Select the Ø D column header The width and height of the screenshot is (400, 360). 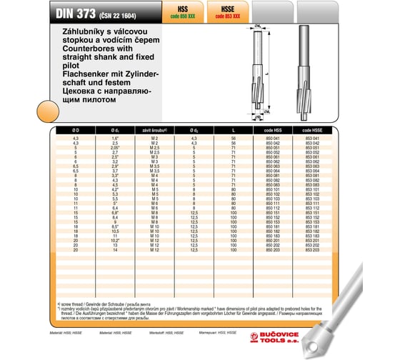[76, 131]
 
